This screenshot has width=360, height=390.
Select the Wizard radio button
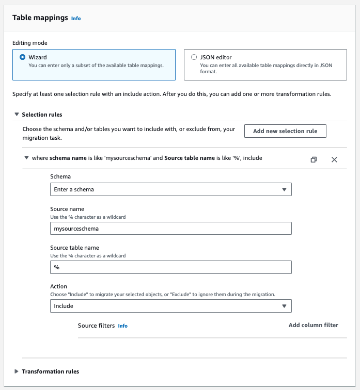pos(22,57)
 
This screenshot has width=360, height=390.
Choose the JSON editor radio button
pos(194,57)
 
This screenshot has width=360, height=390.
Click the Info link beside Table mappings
pos(76,19)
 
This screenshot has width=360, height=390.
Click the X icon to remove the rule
pos(334,159)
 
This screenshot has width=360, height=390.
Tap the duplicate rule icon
pos(314,159)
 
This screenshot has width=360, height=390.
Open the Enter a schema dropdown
pos(171,189)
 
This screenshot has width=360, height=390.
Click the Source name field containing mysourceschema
pos(171,228)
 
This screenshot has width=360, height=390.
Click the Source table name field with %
pos(171,267)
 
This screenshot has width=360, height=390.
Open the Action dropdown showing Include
pos(171,306)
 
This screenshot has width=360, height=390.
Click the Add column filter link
pos(314,325)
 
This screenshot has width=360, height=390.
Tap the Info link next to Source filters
pos(122,326)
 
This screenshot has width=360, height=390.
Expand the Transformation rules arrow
pos(17,371)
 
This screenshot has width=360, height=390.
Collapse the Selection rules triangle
pos(17,115)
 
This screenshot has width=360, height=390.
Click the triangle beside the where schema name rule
pos(26,158)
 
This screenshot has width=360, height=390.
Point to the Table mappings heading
pos(40,18)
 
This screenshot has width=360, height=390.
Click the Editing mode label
pos(30,43)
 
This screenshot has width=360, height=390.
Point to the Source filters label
pos(96,326)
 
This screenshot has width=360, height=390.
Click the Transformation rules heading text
pos(51,371)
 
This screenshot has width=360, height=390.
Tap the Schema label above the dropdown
pos(61,176)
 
